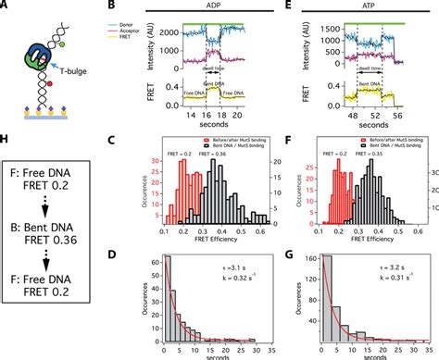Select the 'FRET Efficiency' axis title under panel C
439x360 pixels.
(x=220, y=246)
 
